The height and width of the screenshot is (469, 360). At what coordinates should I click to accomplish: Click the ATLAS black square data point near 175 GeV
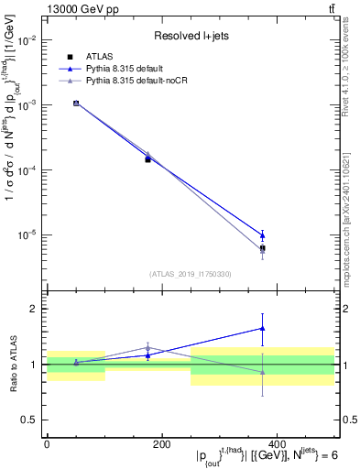147,159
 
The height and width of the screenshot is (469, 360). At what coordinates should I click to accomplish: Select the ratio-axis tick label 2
33,309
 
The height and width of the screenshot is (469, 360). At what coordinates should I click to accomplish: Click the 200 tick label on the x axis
161,444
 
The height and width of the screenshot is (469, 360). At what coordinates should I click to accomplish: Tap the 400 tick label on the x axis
277,444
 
